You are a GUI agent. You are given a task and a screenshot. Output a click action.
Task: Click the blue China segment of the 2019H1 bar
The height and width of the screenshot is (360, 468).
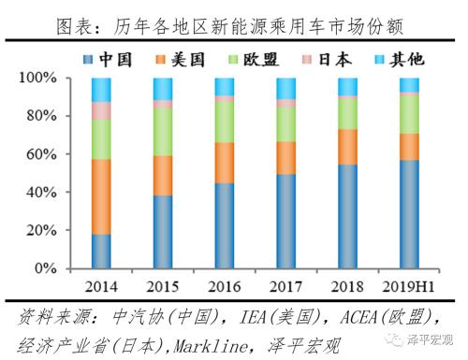[x=409, y=214]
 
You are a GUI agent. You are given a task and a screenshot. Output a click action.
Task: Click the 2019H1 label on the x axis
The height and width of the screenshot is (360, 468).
[x=409, y=284]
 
